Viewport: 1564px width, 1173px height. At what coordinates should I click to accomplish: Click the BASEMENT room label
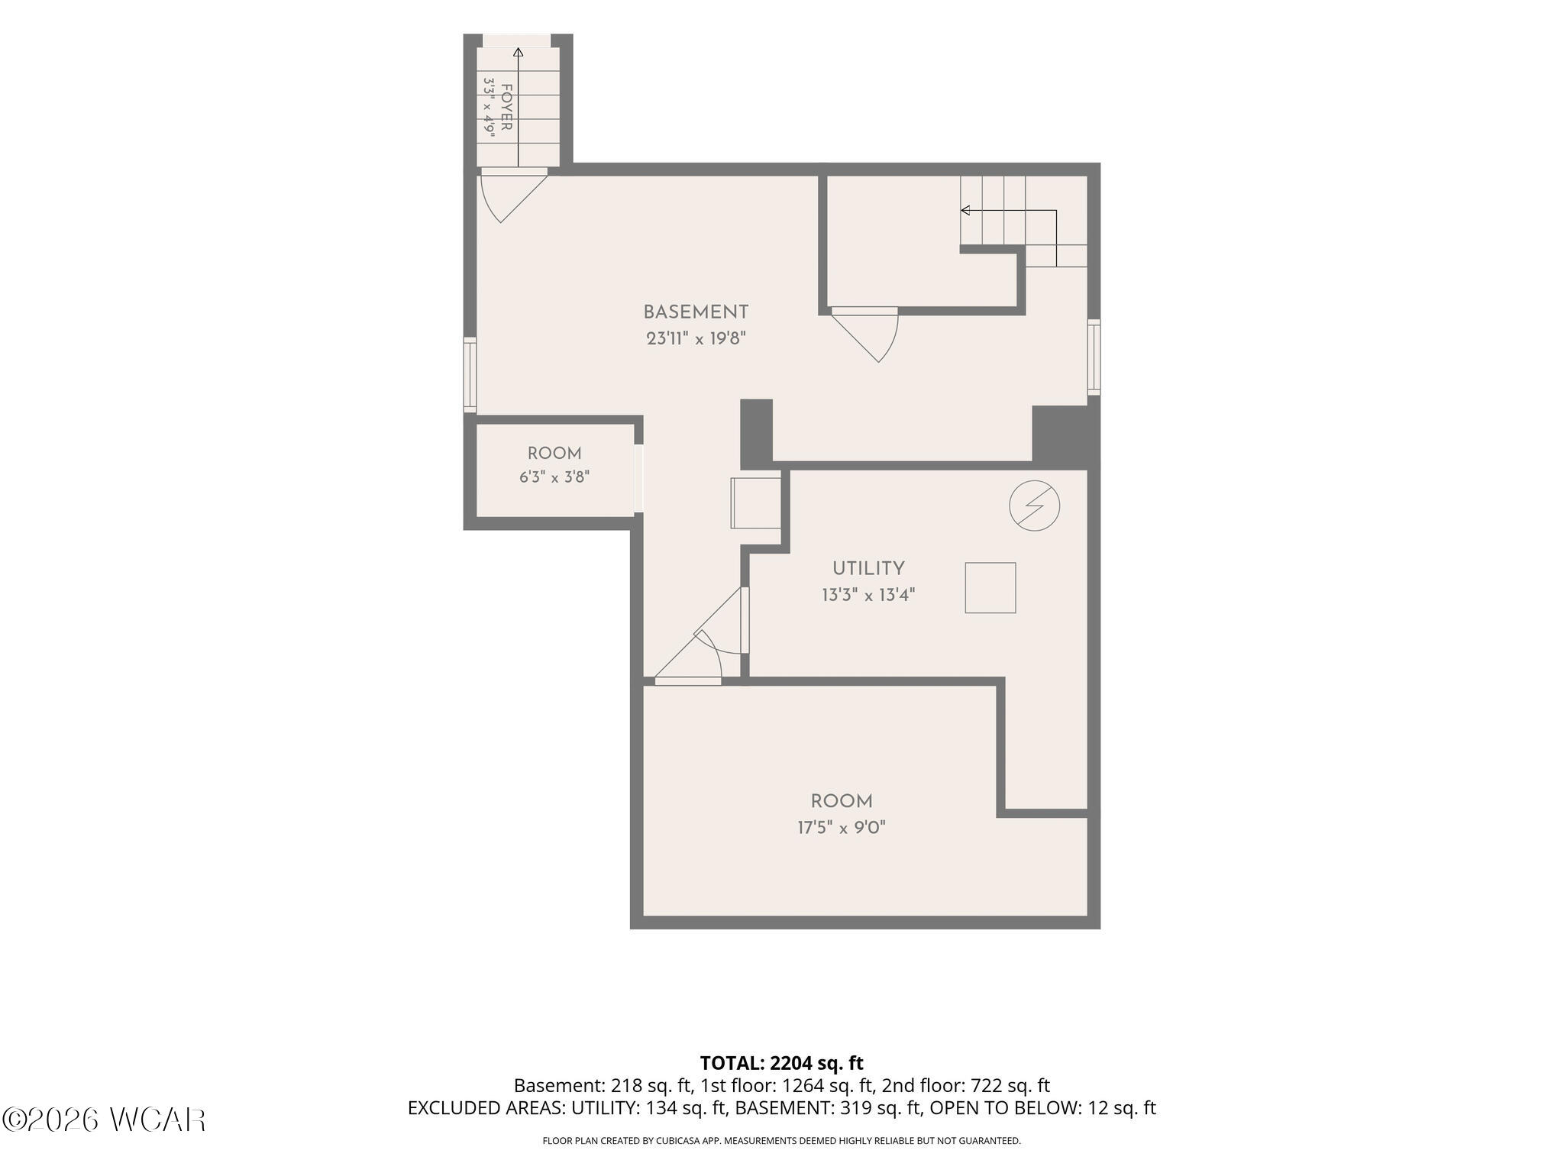click(695, 312)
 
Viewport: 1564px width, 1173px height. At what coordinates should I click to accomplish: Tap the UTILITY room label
click(868, 569)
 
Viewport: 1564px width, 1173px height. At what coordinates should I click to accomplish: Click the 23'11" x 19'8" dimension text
click(695, 338)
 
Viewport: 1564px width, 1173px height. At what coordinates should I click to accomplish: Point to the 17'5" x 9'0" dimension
click(842, 828)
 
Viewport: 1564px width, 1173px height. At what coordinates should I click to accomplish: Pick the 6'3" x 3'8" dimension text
click(554, 478)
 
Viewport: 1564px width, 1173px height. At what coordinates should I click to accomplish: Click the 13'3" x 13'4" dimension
click(868, 595)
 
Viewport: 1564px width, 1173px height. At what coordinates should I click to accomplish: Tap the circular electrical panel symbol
click(1035, 506)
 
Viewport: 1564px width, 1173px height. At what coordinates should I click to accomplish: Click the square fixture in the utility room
click(990, 588)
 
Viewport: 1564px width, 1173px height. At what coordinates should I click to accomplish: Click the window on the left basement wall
click(470, 376)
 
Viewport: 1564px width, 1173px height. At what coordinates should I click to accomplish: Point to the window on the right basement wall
click(1094, 357)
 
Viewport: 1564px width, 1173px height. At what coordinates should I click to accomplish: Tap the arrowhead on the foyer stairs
click(519, 52)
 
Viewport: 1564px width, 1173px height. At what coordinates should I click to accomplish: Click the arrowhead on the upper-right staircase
click(965, 210)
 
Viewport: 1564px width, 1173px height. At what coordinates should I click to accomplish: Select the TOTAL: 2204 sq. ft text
click(781, 1063)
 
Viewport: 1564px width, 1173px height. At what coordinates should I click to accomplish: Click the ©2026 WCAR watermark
click(104, 1120)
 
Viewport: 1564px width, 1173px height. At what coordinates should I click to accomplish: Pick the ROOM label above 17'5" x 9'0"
click(842, 802)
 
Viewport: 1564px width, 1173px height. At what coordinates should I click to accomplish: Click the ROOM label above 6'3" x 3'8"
click(554, 454)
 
